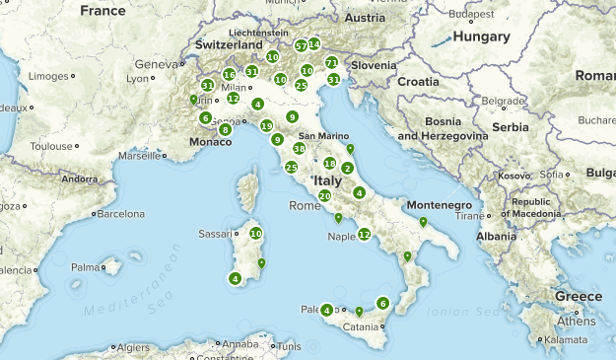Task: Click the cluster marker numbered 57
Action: (301, 45)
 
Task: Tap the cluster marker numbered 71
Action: (331, 62)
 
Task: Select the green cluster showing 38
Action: (299, 148)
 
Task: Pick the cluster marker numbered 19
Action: (267, 125)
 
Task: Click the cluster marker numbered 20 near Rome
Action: (324, 195)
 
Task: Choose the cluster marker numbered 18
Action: (329, 163)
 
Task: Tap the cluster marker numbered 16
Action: (229, 74)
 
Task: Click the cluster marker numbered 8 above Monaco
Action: (226, 129)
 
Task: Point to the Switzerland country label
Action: (229, 45)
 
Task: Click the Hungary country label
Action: (481, 36)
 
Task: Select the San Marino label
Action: (318, 135)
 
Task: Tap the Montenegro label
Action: (440, 204)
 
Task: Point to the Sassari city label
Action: (218, 234)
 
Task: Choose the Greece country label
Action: (578, 297)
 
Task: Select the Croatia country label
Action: (418, 81)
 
